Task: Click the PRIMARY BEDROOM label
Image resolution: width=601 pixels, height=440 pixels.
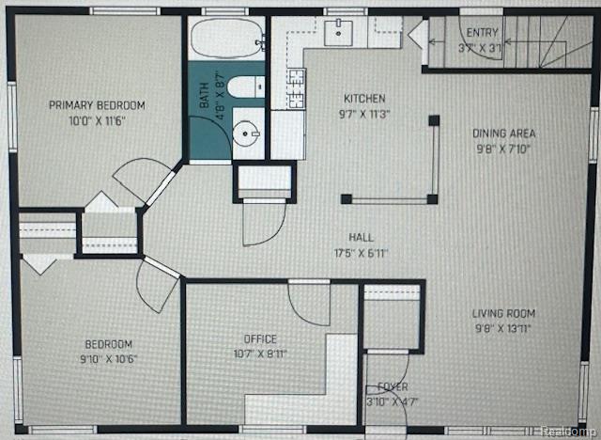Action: pyautogui.click(x=97, y=105)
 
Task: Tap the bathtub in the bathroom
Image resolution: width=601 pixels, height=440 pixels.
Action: pyautogui.click(x=227, y=38)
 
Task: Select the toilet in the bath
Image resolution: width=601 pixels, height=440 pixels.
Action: pyautogui.click(x=246, y=87)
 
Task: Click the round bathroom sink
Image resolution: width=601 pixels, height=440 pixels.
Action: pyautogui.click(x=246, y=134)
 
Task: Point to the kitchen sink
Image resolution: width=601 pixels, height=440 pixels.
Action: pyautogui.click(x=338, y=33)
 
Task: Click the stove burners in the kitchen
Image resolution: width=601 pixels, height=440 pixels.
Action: pyautogui.click(x=297, y=88)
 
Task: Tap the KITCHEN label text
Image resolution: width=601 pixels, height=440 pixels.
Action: pyautogui.click(x=364, y=99)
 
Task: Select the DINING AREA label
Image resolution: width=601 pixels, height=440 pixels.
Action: pyautogui.click(x=503, y=134)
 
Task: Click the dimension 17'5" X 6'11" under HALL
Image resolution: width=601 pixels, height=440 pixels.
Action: pyautogui.click(x=362, y=253)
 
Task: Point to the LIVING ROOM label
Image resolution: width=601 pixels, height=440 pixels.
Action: pyautogui.click(x=503, y=313)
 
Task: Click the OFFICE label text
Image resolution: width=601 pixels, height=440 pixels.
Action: pyautogui.click(x=260, y=339)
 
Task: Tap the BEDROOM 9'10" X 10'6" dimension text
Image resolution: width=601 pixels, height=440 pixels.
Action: pyautogui.click(x=109, y=359)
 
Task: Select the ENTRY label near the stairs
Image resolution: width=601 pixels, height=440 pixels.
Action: pyautogui.click(x=482, y=33)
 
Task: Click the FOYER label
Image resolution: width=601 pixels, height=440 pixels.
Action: pyautogui.click(x=393, y=386)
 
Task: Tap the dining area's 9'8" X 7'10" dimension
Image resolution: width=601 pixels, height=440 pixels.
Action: pyautogui.click(x=503, y=149)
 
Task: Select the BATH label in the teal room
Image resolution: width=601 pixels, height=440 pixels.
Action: pyautogui.click(x=205, y=95)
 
